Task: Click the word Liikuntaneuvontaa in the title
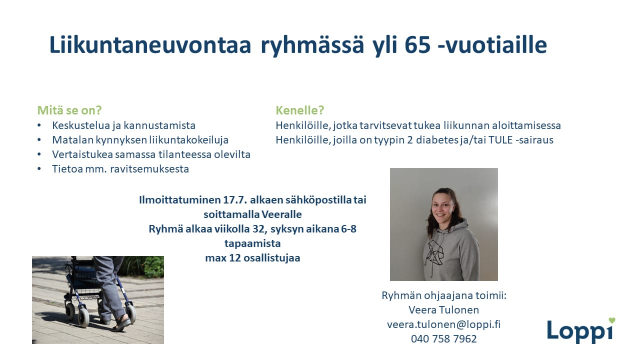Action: [x=150, y=45]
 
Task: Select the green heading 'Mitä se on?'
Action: [x=69, y=110]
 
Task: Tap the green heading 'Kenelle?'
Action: [x=300, y=110]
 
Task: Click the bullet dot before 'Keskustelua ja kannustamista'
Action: [x=39, y=125]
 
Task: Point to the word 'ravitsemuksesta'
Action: [x=149, y=169]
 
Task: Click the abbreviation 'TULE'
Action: [x=500, y=140]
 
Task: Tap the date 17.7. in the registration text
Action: [x=235, y=199]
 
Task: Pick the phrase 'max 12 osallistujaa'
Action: [x=252, y=258]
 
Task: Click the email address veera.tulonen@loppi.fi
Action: [x=443, y=324]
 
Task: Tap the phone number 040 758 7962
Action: [x=443, y=339]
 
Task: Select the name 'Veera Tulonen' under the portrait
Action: [x=443, y=309]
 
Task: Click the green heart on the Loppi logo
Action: [x=611, y=320]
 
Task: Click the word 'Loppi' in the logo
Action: [x=580, y=331]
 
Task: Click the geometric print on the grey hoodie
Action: [x=434, y=252]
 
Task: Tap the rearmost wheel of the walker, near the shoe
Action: [x=131, y=313]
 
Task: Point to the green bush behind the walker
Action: [x=148, y=266]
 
